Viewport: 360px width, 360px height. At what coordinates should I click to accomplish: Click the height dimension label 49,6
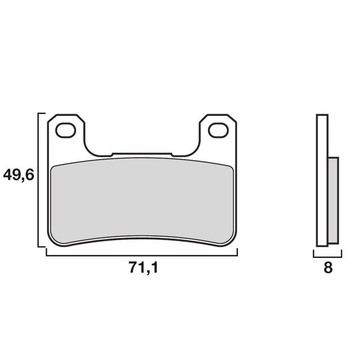click(19, 175)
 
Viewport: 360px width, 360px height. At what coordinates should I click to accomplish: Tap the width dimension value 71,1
click(143, 269)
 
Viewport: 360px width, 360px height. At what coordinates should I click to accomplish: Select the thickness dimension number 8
click(328, 268)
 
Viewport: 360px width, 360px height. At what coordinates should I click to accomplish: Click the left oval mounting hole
click(65, 130)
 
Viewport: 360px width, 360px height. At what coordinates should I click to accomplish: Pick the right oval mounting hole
click(217, 130)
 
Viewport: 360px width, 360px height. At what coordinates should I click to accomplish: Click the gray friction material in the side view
click(333, 200)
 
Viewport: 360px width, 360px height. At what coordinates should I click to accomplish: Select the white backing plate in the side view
click(322, 180)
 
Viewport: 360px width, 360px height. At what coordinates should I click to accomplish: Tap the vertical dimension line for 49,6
click(38, 180)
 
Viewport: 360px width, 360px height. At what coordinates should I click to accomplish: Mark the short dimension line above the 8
click(328, 255)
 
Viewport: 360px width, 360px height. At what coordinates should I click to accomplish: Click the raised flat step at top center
click(142, 152)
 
